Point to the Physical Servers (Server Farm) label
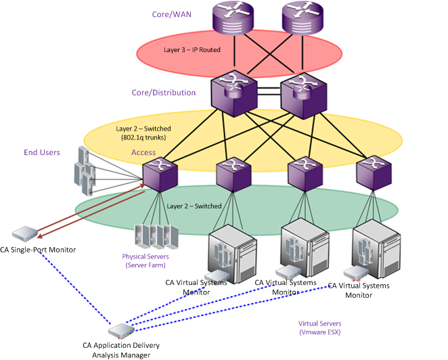pyautogui.click(x=145, y=261)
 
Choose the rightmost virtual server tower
pyautogui.click(x=372, y=247)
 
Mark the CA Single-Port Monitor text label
pyautogui.click(x=38, y=250)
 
